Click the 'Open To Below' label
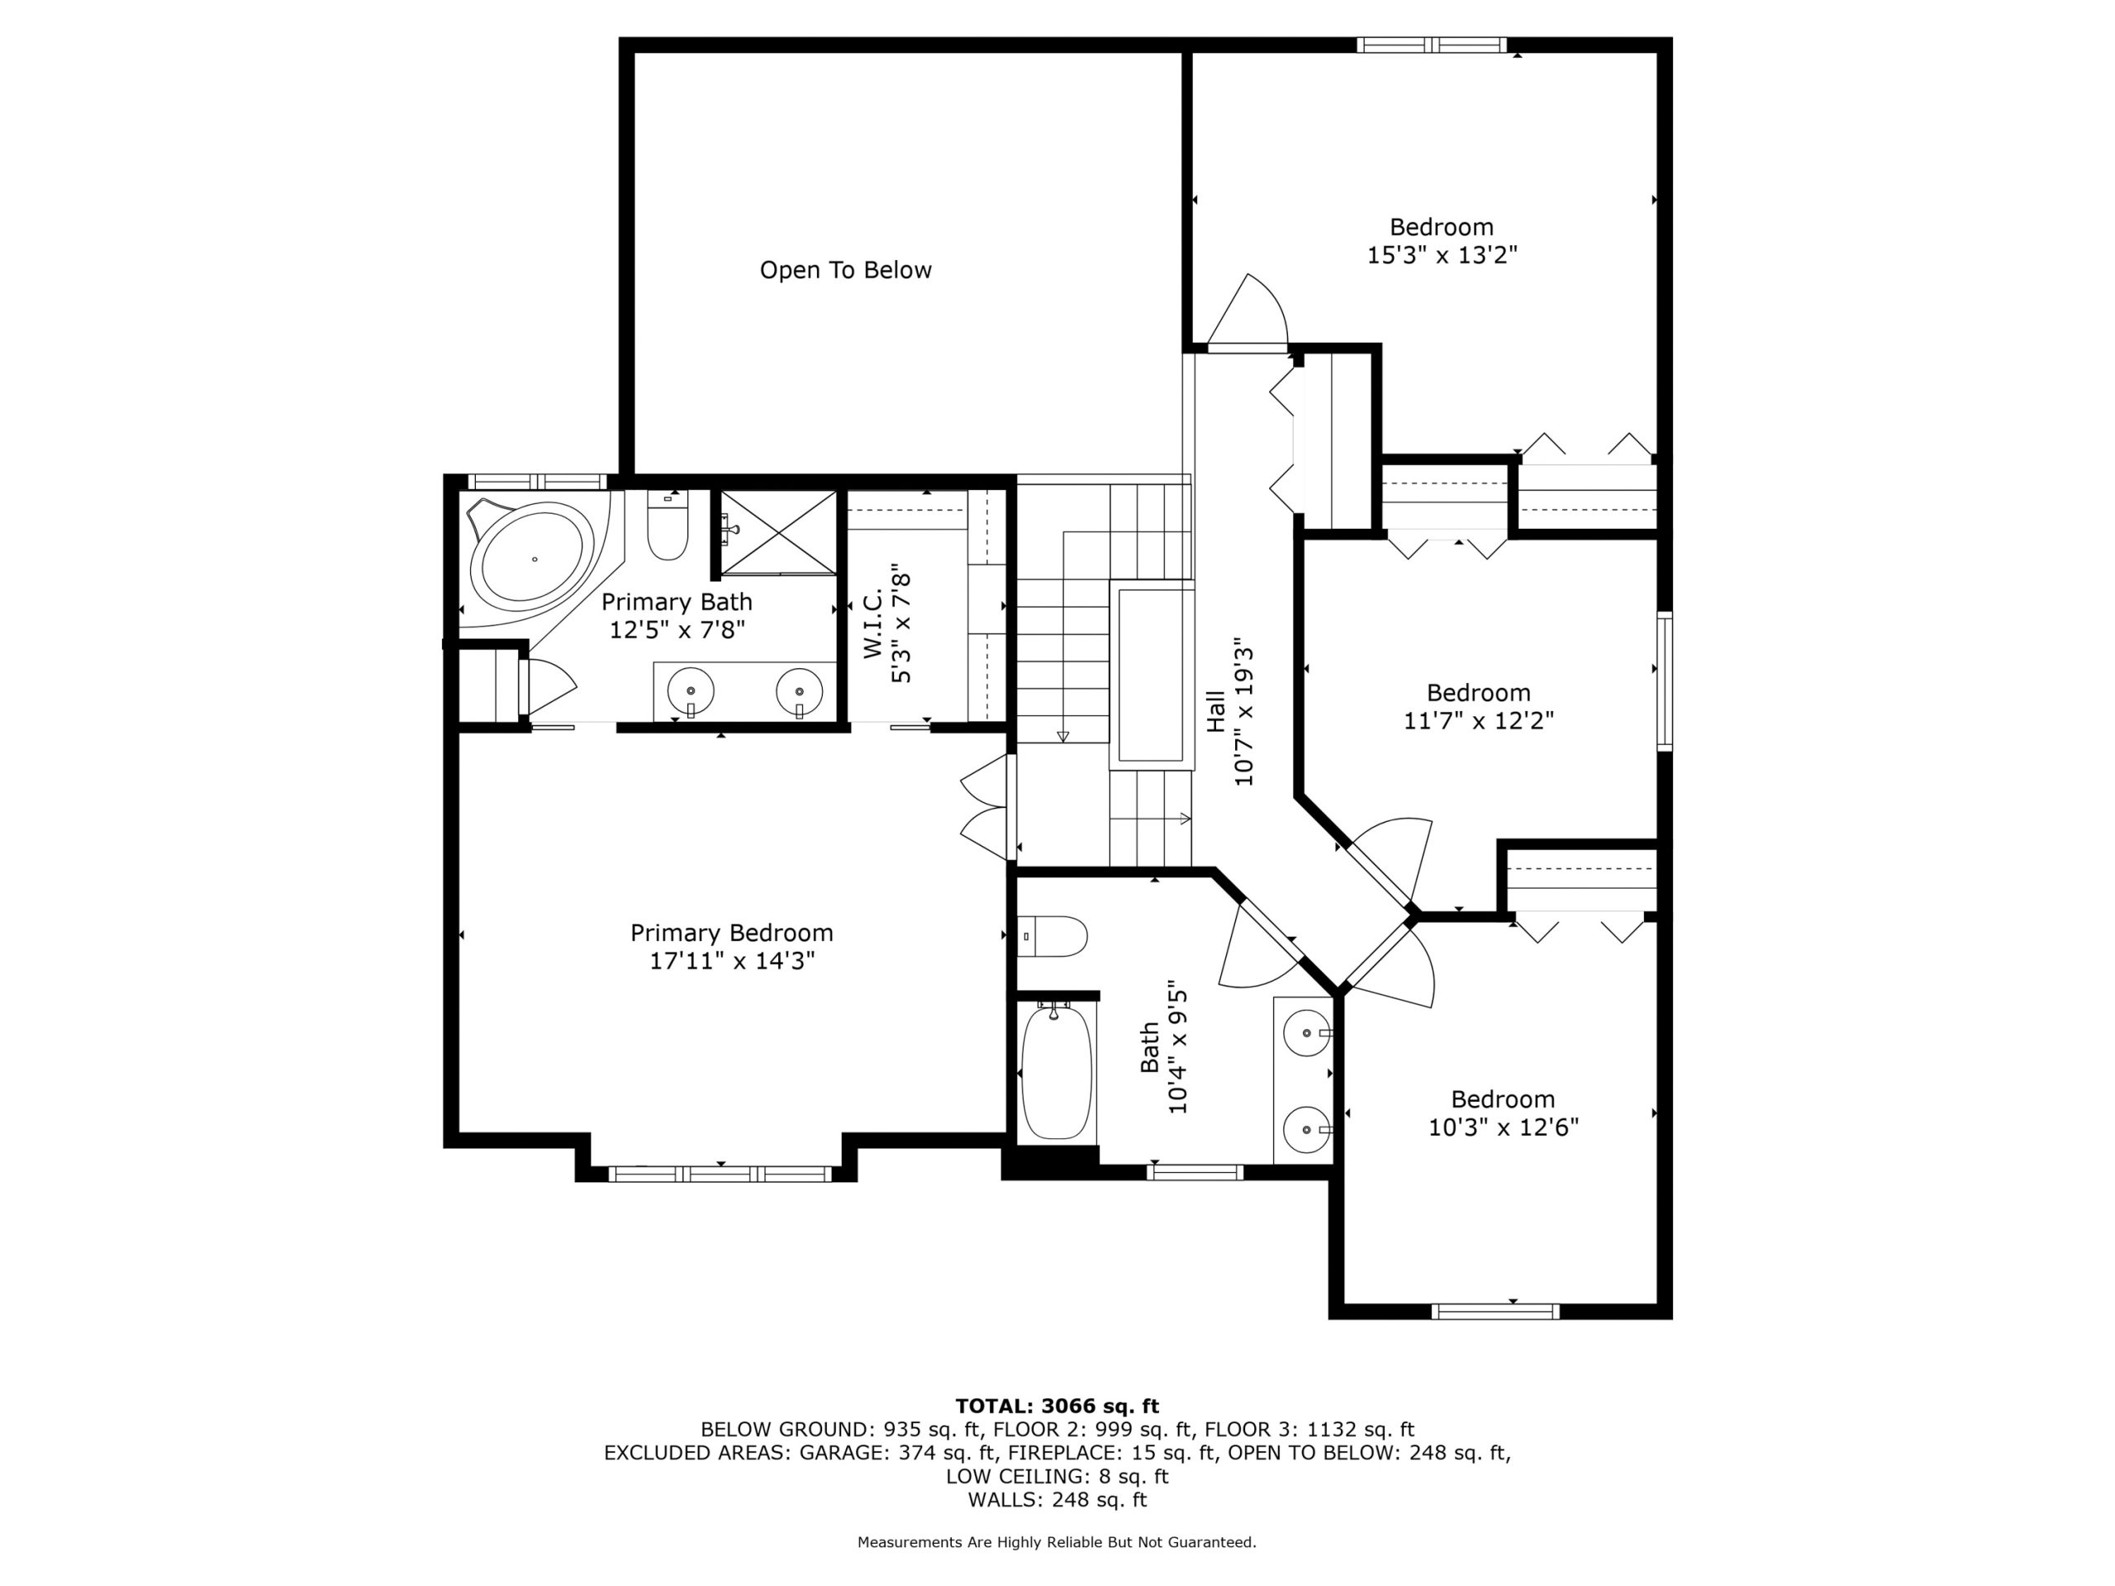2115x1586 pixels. (845, 271)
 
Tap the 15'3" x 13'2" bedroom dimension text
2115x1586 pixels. (1442, 255)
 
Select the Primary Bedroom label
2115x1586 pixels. (731, 933)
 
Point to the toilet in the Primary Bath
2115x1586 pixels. (668, 526)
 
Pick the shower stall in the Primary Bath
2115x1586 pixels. (778, 533)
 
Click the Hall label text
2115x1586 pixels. (1215, 711)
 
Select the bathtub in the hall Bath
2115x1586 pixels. (1056, 1071)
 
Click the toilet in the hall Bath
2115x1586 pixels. (1052, 937)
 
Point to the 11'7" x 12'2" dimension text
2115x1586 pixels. (1478, 721)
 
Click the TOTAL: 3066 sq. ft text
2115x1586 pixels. (1057, 1406)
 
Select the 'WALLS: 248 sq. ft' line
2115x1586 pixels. (1057, 1500)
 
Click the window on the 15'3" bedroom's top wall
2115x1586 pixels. (1432, 44)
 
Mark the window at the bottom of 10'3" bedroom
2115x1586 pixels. (1495, 1312)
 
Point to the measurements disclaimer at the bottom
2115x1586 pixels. (1057, 1542)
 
